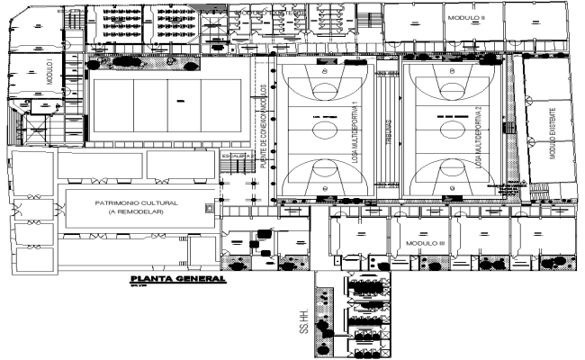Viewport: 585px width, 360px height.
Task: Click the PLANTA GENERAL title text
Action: click(176, 279)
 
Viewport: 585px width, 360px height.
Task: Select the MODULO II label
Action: click(465, 16)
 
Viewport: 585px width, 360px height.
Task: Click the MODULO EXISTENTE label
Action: click(553, 133)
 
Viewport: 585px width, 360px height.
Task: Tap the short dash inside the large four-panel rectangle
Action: click(179, 100)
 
